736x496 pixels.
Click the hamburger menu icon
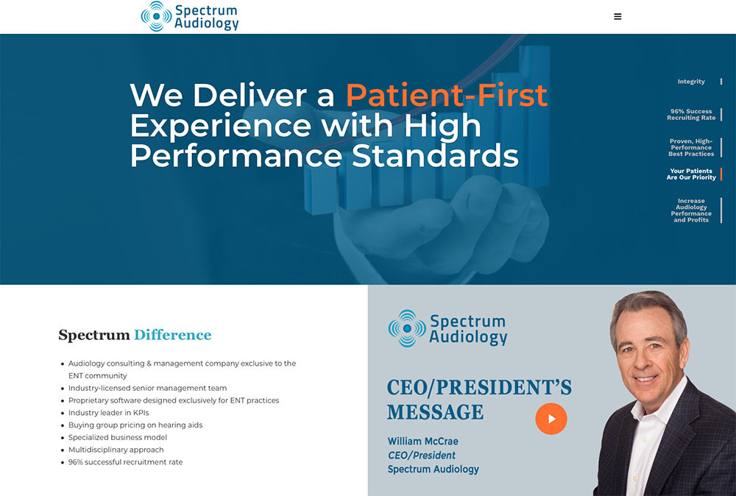pyautogui.click(x=618, y=16)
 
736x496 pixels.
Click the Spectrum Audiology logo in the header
pyautogui.click(x=190, y=16)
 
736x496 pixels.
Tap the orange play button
pyautogui.click(x=551, y=419)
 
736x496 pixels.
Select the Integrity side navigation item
pyautogui.click(x=691, y=82)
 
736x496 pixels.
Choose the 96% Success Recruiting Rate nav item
pyautogui.click(x=691, y=115)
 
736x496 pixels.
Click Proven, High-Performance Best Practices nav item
pyautogui.click(x=691, y=147)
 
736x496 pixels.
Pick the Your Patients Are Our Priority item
pyautogui.click(x=691, y=174)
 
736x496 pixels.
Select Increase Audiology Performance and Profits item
pyautogui.click(x=691, y=210)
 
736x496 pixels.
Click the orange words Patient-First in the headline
pyautogui.click(x=447, y=95)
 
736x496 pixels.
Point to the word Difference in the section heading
pyautogui.click(x=173, y=335)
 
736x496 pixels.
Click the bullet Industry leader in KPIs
pyautogui.click(x=108, y=413)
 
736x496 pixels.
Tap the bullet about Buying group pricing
pyautogui.click(x=135, y=425)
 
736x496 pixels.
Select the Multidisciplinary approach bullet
pyautogui.click(x=116, y=450)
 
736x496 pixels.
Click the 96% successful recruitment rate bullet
pyautogui.click(x=125, y=462)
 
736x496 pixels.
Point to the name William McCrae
pyautogui.click(x=423, y=442)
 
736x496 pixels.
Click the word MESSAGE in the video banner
pyautogui.click(x=435, y=412)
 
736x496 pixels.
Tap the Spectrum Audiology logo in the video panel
pyautogui.click(x=447, y=328)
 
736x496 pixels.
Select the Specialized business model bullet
pyautogui.click(x=117, y=437)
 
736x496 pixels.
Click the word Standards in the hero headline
pyautogui.click(x=435, y=156)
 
